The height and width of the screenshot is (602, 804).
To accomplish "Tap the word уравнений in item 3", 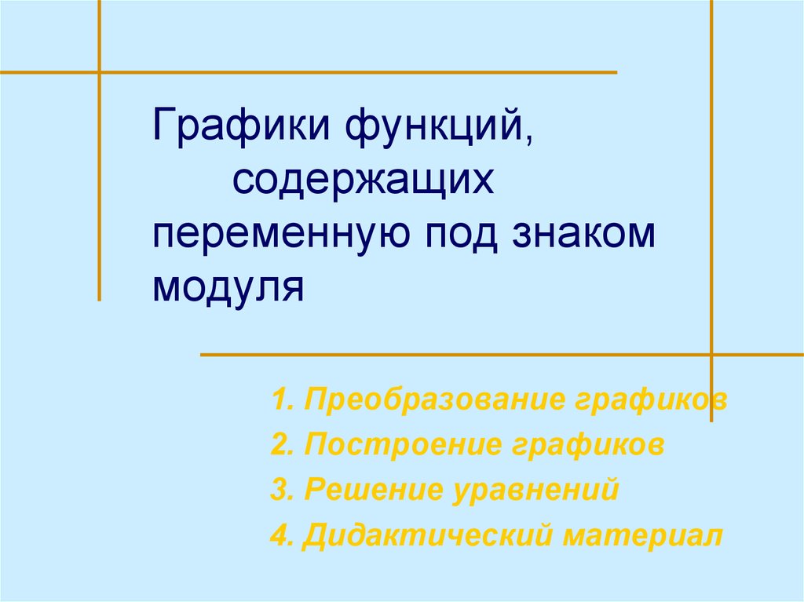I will click(535, 491).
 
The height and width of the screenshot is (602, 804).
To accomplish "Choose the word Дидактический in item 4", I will click(427, 537).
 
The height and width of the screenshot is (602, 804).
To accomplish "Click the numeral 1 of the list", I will click(278, 400).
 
